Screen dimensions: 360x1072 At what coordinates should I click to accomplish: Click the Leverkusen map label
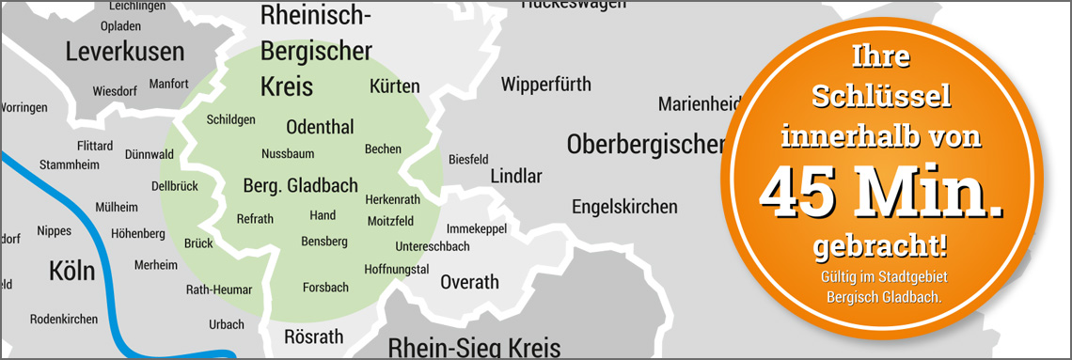(125, 52)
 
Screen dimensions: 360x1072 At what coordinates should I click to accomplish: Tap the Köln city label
(72, 273)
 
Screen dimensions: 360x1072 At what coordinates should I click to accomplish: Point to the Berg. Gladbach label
(300, 185)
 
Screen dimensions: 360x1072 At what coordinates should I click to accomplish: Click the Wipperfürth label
(546, 85)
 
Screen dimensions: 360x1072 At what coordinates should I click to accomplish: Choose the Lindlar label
(516, 177)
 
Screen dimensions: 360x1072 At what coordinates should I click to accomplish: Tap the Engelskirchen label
(624, 207)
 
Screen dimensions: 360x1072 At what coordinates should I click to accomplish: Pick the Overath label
(469, 282)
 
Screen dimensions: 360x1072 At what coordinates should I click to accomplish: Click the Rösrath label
(313, 337)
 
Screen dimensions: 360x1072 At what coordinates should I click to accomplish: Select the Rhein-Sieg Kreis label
(474, 347)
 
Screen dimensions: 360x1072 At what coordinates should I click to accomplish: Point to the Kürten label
(395, 86)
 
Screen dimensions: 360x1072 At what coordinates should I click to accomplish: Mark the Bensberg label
(324, 242)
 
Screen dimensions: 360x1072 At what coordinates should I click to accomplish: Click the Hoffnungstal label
(397, 270)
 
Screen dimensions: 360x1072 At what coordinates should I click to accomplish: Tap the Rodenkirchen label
(64, 320)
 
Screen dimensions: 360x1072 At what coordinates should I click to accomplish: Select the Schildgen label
(230, 120)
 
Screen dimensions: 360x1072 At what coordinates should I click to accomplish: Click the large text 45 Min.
(880, 193)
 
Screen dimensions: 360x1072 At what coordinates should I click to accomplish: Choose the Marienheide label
(696, 103)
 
